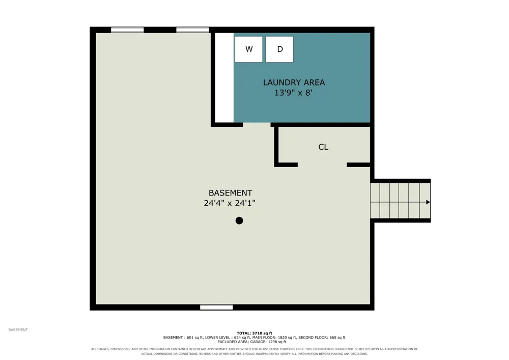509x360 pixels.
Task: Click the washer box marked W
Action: click(249, 49)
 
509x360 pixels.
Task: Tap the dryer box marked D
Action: click(279, 49)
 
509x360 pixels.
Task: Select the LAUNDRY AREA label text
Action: click(294, 82)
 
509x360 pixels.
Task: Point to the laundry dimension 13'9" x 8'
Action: click(293, 93)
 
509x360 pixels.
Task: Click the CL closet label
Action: click(323, 147)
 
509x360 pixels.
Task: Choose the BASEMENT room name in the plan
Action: click(231, 193)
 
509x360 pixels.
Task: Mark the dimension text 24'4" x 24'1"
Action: click(230, 203)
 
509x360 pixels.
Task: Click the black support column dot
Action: click(239, 221)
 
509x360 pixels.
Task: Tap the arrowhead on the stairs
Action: click(428, 202)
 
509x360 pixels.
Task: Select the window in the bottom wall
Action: click(216, 308)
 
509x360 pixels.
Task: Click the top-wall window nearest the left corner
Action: click(127, 30)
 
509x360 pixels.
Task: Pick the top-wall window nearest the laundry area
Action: click(192, 30)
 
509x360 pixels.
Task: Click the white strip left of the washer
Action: click(224, 77)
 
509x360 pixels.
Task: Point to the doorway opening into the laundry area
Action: click(257, 125)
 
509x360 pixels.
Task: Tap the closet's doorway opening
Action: click(322, 165)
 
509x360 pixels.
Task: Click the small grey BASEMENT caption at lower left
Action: click(18, 330)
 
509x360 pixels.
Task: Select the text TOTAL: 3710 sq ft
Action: click(254, 333)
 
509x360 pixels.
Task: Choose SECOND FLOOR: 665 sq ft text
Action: click(322, 338)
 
